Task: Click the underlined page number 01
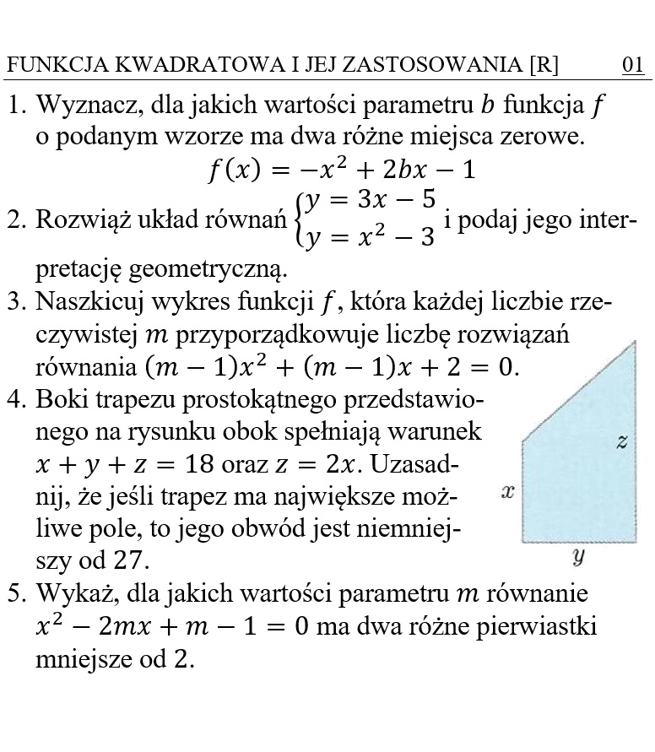click(x=633, y=66)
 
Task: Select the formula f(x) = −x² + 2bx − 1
click(x=342, y=170)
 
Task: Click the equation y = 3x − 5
click(x=371, y=200)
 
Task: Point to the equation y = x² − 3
click(x=371, y=236)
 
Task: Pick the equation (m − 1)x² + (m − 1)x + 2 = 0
click(x=332, y=368)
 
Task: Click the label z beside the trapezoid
click(x=622, y=441)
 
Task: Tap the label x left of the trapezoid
click(x=507, y=491)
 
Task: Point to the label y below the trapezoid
click(x=578, y=556)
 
